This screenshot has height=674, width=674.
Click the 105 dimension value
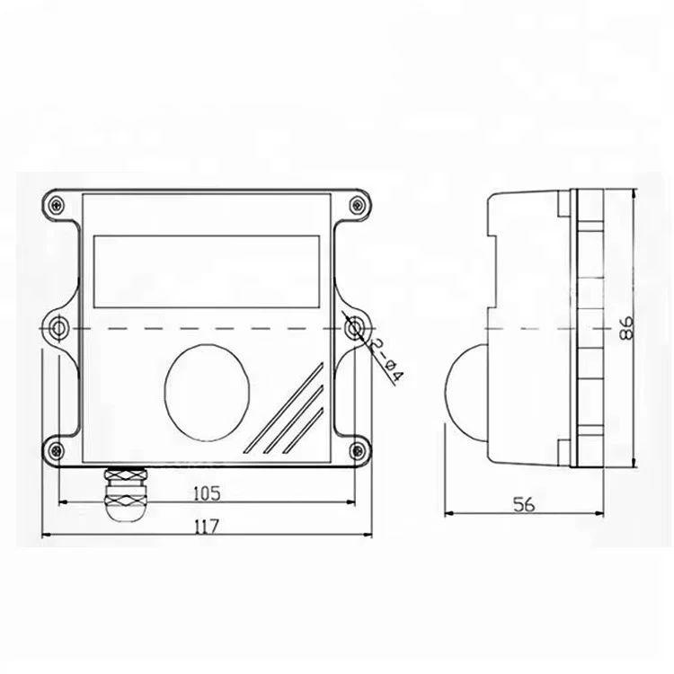(207, 492)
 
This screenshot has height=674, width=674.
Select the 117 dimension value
(207, 526)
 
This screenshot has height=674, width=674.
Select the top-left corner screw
(58, 205)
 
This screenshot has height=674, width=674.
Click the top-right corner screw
(357, 205)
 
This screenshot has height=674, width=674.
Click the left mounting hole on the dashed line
(58, 327)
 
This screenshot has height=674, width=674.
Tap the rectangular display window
(208, 269)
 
